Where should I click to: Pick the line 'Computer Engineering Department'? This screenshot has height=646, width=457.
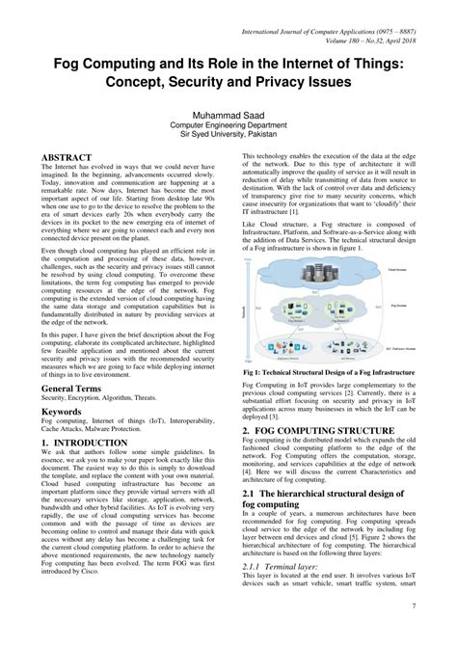click(x=228, y=125)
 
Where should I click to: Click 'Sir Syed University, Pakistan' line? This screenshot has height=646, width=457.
click(x=228, y=136)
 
